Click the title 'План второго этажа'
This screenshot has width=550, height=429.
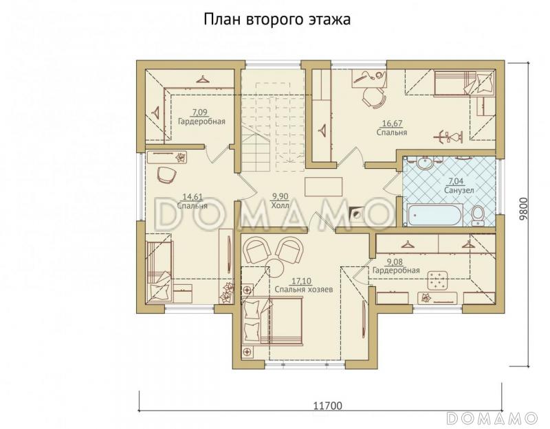pos(276,20)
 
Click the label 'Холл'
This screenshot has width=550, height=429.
pos(279,205)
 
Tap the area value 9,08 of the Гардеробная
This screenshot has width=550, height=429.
pos(395,262)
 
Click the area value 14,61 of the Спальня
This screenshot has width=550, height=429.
pos(192,196)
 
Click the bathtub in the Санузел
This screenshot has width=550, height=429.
pos(434,215)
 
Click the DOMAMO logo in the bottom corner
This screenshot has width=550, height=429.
pos(491,417)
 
